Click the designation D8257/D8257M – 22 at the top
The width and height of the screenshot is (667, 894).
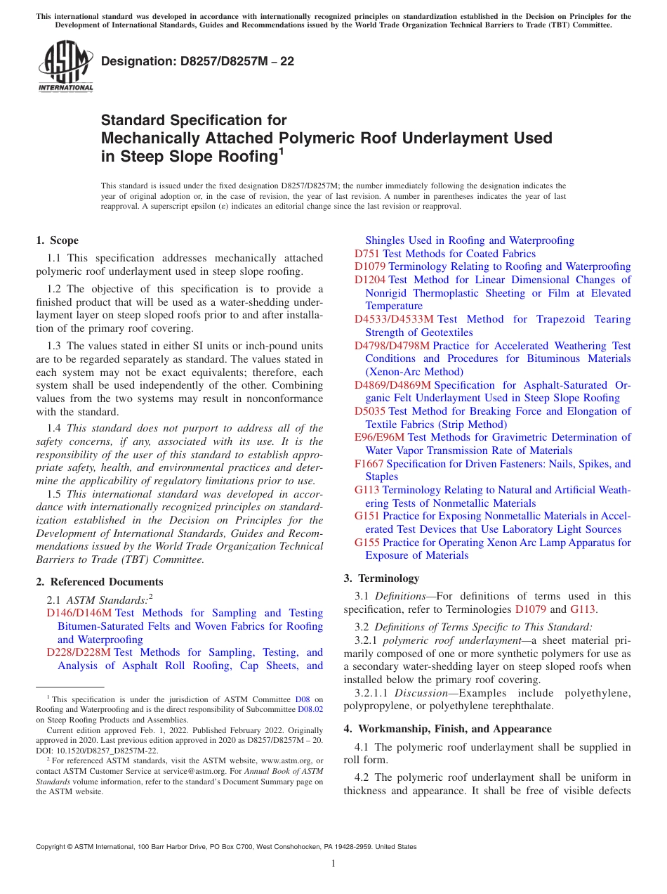[x=197, y=62]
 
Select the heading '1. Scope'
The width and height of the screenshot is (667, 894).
[x=57, y=240]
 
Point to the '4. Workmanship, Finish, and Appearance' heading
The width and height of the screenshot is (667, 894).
[x=447, y=729]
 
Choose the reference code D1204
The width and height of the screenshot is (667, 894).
[x=370, y=280]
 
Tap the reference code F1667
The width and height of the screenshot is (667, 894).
[x=369, y=464]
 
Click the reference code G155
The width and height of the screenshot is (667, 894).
[x=366, y=543]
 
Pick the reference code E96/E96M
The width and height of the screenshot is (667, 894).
[x=379, y=437]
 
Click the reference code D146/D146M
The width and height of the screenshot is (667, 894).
[x=74, y=613]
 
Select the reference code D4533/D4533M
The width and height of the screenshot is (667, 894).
[x=394, y=319]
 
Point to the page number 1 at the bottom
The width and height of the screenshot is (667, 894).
[x=333, y=863]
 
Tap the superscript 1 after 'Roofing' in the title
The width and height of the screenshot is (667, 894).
[x=281, y=150]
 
